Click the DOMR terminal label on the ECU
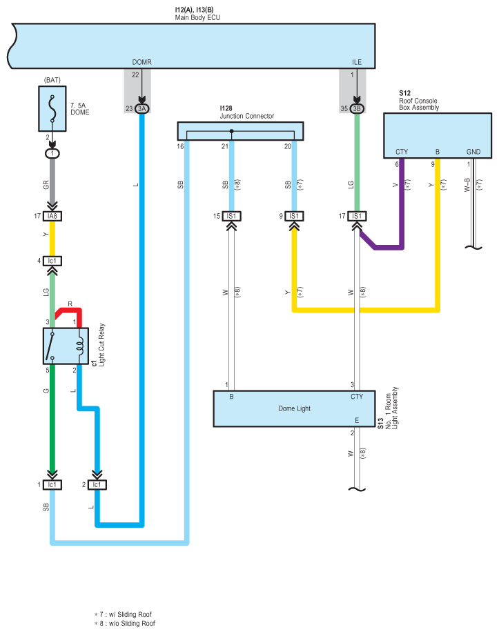(x=141, y=62)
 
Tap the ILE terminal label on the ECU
(x=357, y=62)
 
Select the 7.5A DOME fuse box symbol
(x=52, y=108)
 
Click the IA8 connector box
(x=52, y=217)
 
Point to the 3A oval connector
(x=141, y=108)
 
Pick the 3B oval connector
(x=357, y=108)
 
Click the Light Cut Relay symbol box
(x=66, y=346)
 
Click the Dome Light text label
(x=295, y=409)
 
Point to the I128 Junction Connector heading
(x=246, y=112)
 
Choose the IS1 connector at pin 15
(x=231, y=217)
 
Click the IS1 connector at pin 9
(x=294, y=217)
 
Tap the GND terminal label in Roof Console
(x=473, y=152)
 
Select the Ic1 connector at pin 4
(x=52, y=261)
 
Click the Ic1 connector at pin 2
(x=97, y=485)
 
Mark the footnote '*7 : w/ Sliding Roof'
(x=123, y=614)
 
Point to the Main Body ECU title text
(x=198, y=18)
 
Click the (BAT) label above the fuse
(x=52, y=80)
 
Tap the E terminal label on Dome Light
(x=357, y=421)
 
